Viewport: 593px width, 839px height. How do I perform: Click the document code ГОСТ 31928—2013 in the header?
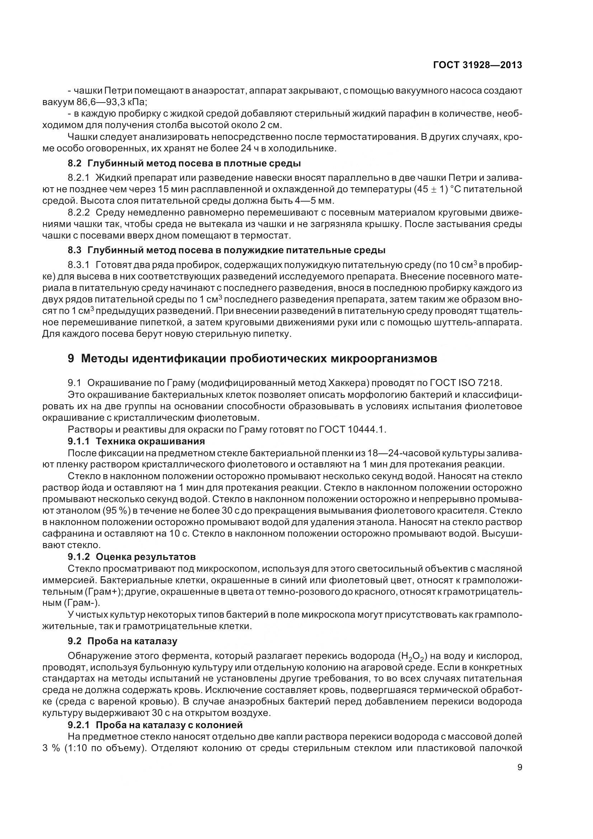click(x=477, y=65)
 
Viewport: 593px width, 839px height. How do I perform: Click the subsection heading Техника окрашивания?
click(x=150, y=441)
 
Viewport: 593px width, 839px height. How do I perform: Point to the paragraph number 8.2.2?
click(x=79, y=212)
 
